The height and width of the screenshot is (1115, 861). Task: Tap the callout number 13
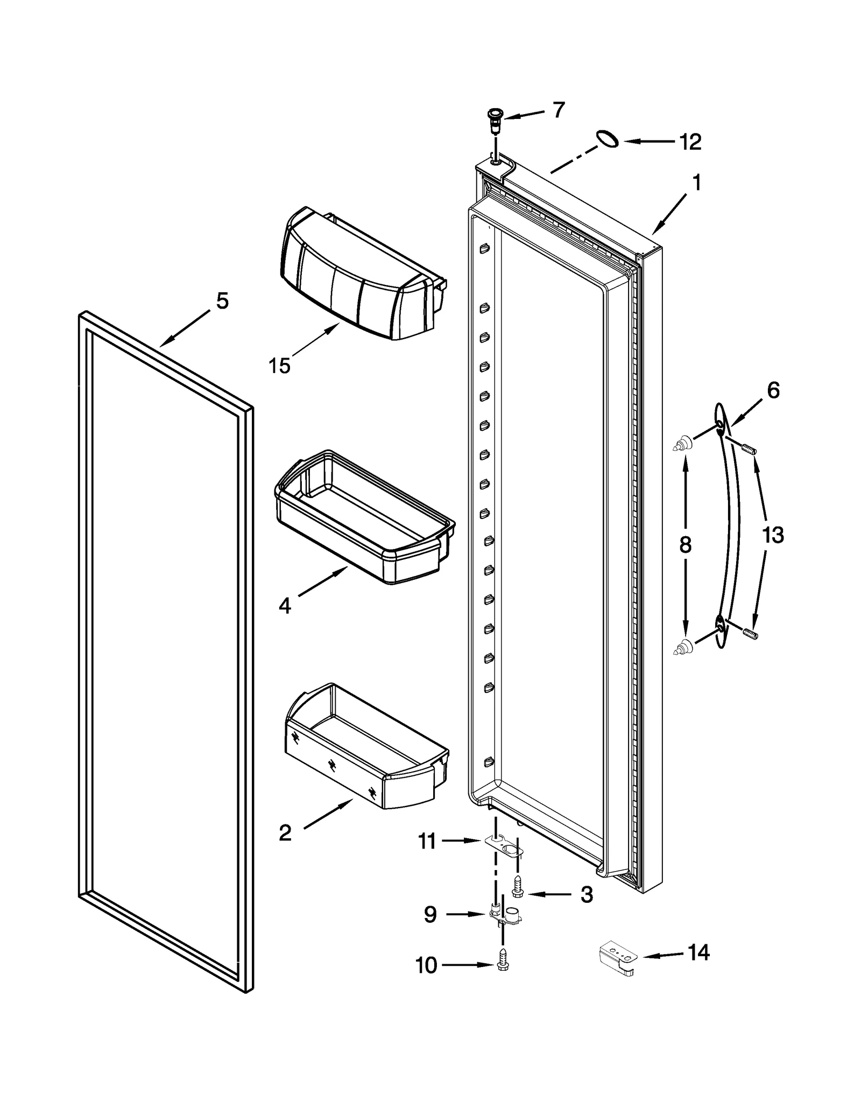tap(773, 535)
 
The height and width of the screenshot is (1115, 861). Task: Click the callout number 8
tap(685, 545)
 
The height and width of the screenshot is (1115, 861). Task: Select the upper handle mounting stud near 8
tap(682, 444)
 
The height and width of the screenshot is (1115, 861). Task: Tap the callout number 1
tap(696, 183)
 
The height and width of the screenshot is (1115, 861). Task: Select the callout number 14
tap(698, 952)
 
